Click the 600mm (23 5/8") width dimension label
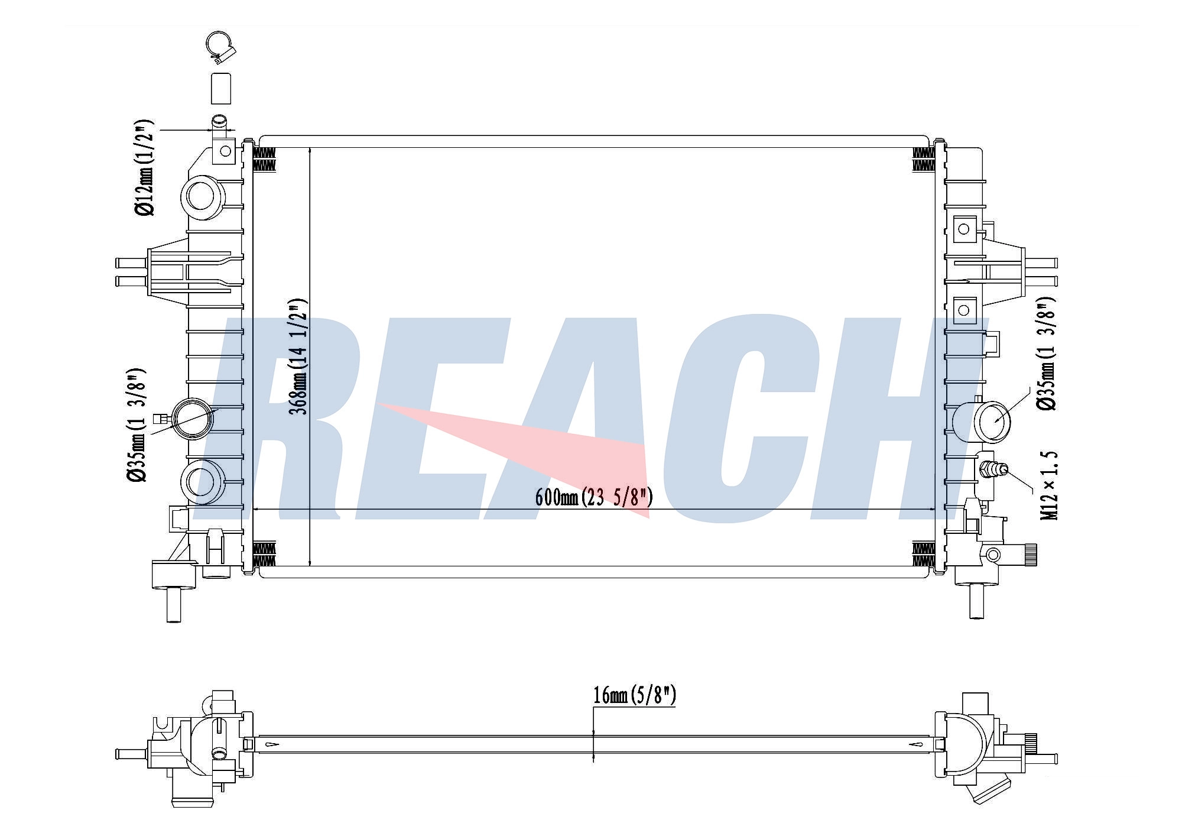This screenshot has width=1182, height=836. pyautogui.click(x=594, y=497)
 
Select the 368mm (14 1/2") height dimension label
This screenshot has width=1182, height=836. pyautogui.click(x=300, y=356)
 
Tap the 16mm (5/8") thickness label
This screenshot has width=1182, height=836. pyautogui.click(x=634, y=695)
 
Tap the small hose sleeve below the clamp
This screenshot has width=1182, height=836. pyautogui.click(x=220, y=89)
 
